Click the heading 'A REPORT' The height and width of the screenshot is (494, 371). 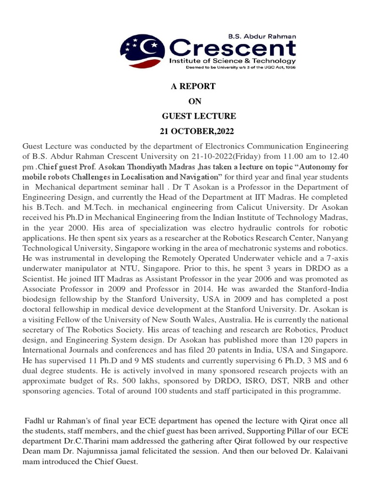tap(193, 86)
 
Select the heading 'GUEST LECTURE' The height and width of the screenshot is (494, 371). tap(199, 116)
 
